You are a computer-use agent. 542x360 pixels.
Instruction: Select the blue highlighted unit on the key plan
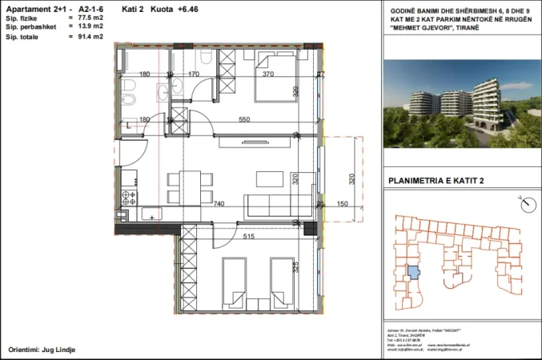pos(412,272)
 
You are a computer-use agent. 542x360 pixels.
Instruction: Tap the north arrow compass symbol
pos(526,204)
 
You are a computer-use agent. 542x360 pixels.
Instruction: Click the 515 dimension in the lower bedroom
pos(249,237)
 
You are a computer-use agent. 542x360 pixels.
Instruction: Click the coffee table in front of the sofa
pos(265,178)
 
